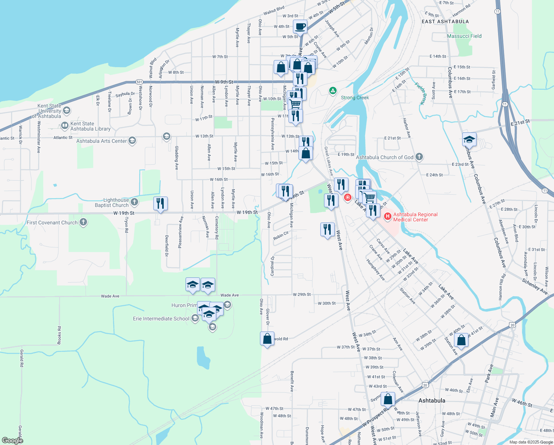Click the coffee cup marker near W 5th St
[300, 27]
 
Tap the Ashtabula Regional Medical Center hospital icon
[388, 216]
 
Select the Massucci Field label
[464, 36]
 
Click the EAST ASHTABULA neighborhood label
[445, 22]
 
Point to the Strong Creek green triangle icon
[333, 90]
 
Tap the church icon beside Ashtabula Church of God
[419, 157]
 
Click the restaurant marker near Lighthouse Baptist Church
[160, 204]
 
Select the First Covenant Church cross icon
[83, 222]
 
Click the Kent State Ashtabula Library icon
[65, 125]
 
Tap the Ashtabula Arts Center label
[101, 141]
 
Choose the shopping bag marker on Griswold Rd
[267, 339]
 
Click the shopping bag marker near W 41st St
[461, 340]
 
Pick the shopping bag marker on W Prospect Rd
[388, 399]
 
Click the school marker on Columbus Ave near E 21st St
[469, 140]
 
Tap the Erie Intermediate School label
[161, 319]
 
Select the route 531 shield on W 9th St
[139, 82]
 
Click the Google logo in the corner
[12, 440]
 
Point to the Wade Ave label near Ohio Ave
[230, 295]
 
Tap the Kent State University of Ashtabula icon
[67, 110]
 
